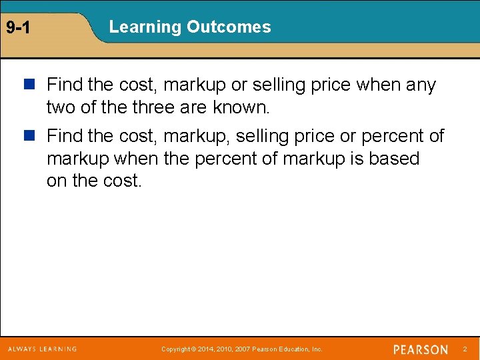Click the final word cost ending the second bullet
121,181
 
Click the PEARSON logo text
421,349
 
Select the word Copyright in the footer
176,349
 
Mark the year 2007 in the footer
243,349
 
